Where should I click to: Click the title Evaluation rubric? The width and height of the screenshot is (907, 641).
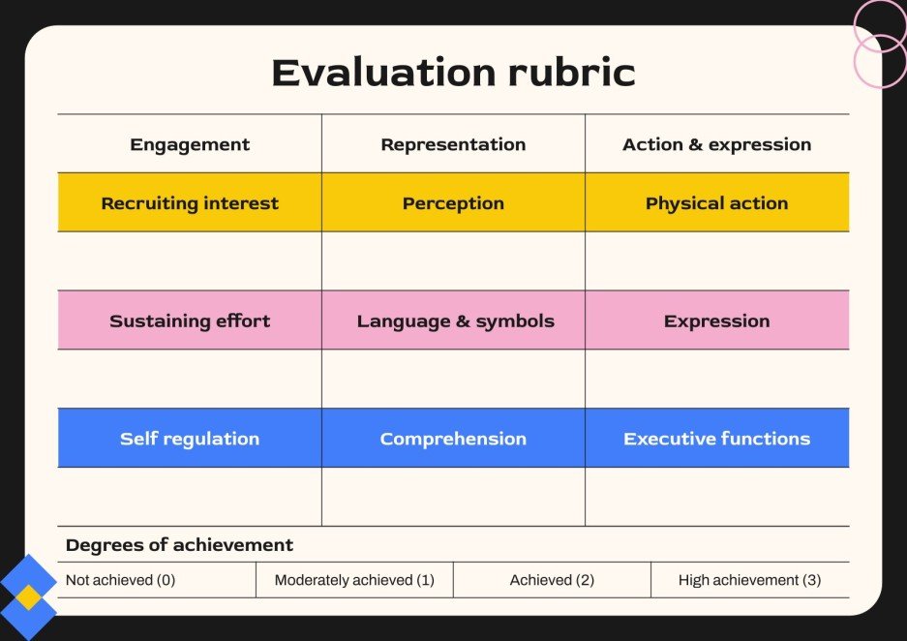[453, 74]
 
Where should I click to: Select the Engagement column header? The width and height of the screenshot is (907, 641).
[190, 144]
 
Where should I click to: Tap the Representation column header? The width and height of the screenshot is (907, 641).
[453, 144]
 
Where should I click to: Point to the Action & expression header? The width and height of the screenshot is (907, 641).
[716, 144]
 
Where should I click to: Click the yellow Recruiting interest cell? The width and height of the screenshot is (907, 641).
[190, 203]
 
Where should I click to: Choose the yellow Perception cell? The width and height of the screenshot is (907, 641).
[453, 203]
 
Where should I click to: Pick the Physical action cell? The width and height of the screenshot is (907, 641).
[716, 203]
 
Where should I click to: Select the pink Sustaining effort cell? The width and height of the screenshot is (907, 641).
[190, 320]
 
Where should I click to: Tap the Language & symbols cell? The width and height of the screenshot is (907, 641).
[453, 320]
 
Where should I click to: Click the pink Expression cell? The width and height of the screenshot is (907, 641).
[716, 320]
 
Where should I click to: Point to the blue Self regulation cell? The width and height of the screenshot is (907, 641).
[190, 439]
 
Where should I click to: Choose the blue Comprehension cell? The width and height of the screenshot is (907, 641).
[453, 439]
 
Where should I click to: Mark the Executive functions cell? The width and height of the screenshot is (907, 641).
[716, 439]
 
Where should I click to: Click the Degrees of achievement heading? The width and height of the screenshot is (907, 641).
[179, 545]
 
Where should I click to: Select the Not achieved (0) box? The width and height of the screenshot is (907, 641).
[157, 580]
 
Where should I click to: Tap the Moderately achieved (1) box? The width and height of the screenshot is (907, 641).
[354, 580]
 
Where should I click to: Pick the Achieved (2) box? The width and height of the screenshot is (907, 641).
[552, 580]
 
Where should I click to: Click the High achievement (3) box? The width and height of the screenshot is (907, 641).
[749, 580]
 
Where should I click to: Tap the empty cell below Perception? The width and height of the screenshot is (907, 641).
[453, 261]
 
